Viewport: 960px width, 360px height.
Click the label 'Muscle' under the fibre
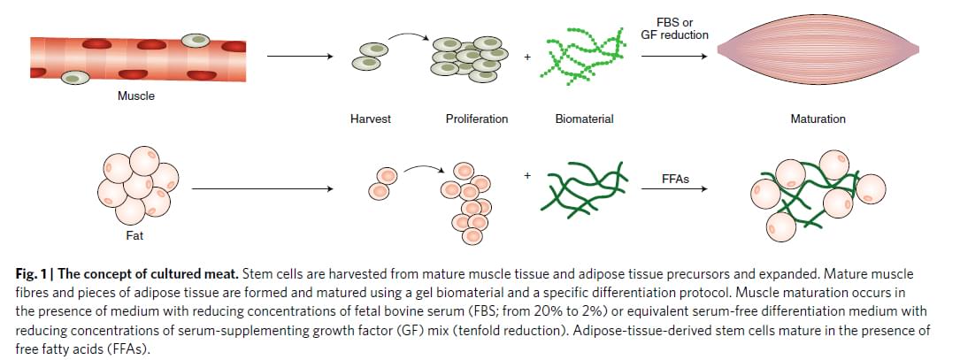pos(135,96)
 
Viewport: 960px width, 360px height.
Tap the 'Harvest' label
pos(370,119)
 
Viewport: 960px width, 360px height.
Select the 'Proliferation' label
pos(476,119)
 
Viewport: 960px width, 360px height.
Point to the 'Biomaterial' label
pos(584,119)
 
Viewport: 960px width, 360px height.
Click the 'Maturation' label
pos(818,119)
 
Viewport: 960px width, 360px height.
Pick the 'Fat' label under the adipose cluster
pos(135,236)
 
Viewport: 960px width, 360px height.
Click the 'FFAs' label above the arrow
pos(676,179)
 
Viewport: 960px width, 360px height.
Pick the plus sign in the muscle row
pos(528,57)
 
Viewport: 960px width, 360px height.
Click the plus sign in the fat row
pos(528,175)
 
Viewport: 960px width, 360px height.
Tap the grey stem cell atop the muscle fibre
pos(196,40)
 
